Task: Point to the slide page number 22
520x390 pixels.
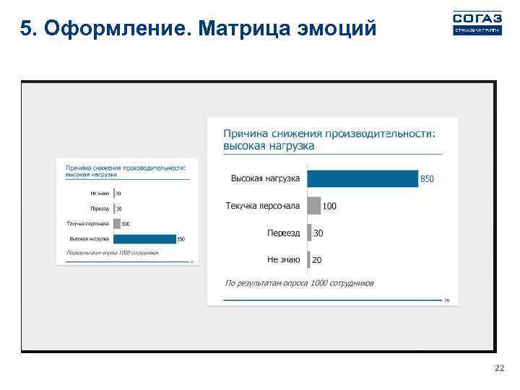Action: click(498, 369)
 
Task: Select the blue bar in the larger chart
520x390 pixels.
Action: click(363, 178)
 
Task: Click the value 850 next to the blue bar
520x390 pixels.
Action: click(428, 179)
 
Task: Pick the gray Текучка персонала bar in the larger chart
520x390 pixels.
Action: click(313, 206)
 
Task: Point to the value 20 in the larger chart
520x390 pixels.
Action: click(317, 260)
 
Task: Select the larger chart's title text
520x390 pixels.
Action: click(329, 139)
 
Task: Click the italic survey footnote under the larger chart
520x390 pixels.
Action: click(300, 283)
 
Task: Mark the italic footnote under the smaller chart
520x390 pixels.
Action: click(111, 253)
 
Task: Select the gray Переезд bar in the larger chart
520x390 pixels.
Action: click(309, 233)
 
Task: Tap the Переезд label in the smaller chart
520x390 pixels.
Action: click(100, 209)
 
